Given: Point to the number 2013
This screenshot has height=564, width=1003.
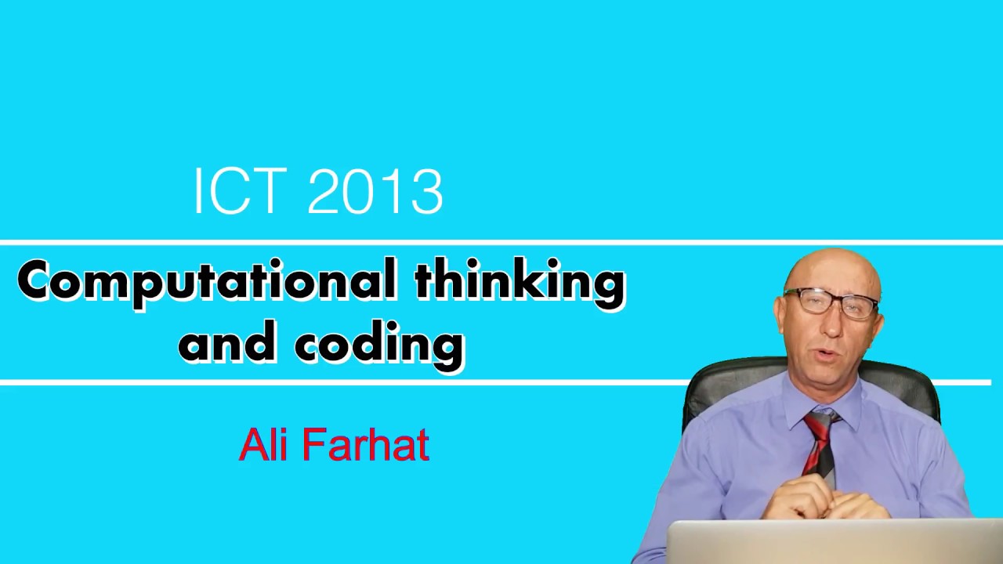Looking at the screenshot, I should click(375, 191).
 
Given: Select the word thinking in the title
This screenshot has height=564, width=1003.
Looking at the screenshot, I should click(520, 282).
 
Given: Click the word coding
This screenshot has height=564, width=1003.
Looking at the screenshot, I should click(380, 345).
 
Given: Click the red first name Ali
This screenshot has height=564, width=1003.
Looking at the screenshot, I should click(263, 445).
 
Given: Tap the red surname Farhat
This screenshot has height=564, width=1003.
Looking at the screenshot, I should click(365, 445).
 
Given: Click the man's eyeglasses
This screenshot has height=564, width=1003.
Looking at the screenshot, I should click(831, 302).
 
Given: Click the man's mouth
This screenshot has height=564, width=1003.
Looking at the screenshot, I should click(824, 355).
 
